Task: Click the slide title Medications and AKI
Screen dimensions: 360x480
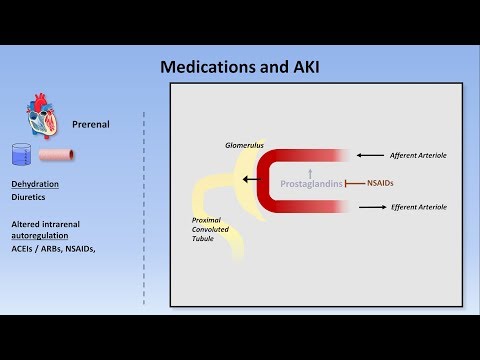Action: [239, 67]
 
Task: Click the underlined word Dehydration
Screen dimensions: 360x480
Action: [35, 185]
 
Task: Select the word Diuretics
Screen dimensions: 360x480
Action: [30, 198]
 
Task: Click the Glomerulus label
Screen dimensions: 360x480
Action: [243, 145]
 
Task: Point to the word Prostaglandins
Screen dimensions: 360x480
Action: [311, 184]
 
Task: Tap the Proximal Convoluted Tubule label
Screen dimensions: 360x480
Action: [212, 229]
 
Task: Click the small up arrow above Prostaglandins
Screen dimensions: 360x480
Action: [311, 171]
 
